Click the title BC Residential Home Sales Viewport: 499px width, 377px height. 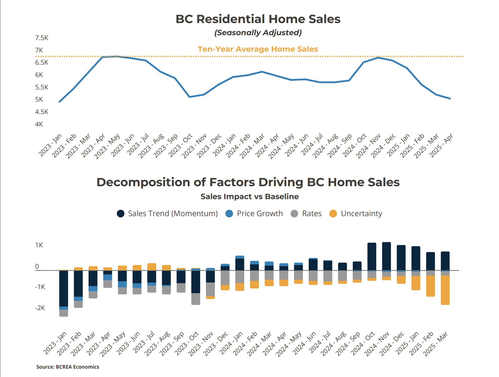[258, 19]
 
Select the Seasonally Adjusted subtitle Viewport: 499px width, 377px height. [258, 33]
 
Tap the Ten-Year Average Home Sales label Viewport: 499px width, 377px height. [258, 49]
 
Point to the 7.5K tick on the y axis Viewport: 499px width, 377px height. [42, 38]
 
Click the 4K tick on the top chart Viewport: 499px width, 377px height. [39, 124]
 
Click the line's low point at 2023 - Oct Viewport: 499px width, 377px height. [190, 97]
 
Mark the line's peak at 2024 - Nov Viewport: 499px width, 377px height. [378, 58]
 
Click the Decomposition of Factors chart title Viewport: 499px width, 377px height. [248, 182]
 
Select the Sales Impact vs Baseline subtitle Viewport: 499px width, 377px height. [249, 197]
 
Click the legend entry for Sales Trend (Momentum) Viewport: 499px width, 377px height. [167, 214]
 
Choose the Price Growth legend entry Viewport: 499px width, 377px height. [254, 214]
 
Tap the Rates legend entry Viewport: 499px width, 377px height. [306, 214]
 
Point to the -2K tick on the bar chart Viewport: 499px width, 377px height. [40, 308]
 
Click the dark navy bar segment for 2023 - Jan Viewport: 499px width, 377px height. [64, 288]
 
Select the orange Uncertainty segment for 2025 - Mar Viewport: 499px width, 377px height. [445, 290]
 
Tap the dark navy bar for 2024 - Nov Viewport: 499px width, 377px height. [386, 256]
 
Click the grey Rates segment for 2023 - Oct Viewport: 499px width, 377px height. [196, 299]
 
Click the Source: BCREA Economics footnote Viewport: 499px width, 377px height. [68, 367]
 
